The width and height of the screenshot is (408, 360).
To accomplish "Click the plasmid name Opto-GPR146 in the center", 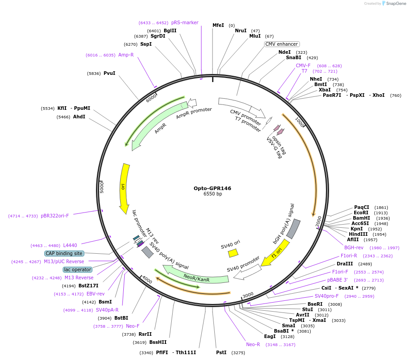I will (x=213, y=188).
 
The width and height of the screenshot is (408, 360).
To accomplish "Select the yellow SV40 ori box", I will (x=233, y=253).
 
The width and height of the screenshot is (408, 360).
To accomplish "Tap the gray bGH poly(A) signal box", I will (x=294, y=229).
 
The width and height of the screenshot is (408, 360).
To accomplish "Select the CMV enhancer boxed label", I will (x=281, y=44).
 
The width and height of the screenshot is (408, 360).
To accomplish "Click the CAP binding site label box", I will (x=64, y=253).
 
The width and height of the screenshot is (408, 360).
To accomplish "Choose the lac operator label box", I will (x=78, y=269).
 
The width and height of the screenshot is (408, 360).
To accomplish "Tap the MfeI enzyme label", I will (x=218, y=26).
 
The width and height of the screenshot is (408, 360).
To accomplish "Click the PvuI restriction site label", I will (x=109, y=73).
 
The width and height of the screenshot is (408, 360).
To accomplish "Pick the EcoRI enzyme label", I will (x=361, y=213).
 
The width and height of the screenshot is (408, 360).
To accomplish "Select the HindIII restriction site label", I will (x=358, y=234).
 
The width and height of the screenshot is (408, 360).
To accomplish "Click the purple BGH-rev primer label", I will (x=354, y=247).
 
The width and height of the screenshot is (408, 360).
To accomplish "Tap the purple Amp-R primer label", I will (x=126, y=55).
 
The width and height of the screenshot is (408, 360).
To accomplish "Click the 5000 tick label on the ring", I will (x=102, y=187).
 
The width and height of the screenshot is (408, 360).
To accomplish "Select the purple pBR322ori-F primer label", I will (x=55, y=216).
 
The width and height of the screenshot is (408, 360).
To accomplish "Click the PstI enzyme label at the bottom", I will (x=221, y=352).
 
